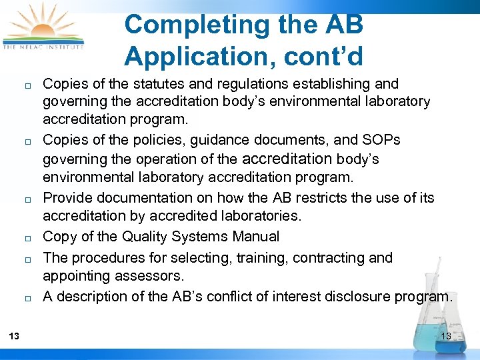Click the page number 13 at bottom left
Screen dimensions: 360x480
(14, 336)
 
